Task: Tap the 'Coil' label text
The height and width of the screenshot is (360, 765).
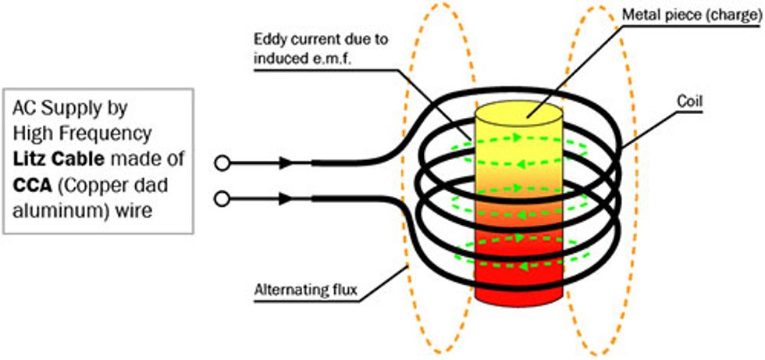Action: click(691, 102)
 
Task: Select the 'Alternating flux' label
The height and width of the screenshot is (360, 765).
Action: click(306, 291)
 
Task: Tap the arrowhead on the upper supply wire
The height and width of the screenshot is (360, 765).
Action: click(286, 162)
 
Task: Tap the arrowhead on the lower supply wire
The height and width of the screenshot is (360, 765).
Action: click(286, 199)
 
